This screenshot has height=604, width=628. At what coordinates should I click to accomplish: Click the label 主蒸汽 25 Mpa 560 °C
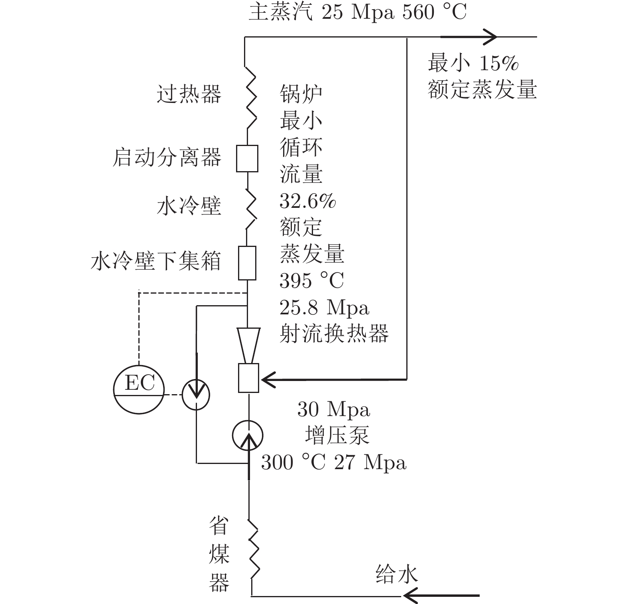pyautogui.click(x=358, y=12)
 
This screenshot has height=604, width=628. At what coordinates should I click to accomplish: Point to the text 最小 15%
pyautogui.click(x=473, y=63)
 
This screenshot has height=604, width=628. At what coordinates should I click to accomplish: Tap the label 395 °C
pyautogui.click(x=312, y=280)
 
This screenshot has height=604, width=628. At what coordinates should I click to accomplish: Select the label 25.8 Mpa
pyautogui.click(x=325, y=307)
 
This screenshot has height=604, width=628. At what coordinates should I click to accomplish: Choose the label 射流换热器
pyautogui.click(x=334, y=334)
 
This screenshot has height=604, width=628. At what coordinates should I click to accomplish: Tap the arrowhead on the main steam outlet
pyautogui.click(x=489, y=37)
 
